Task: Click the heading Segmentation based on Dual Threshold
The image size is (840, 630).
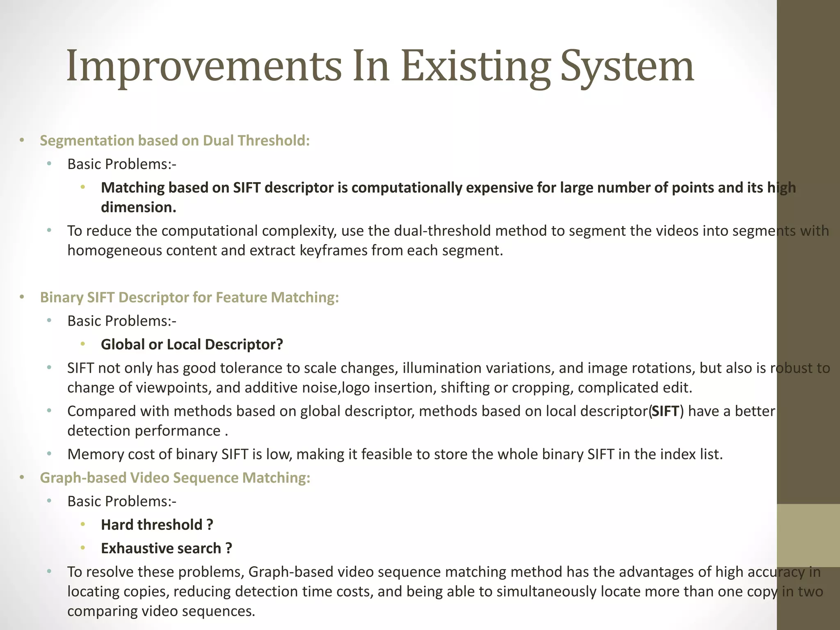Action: pyautogui.click(x=174, y=141)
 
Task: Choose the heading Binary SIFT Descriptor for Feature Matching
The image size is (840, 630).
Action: pyautogui.click(x=189, y=297)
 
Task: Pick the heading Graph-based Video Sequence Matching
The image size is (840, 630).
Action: pyautogui.click(x=175, y=478)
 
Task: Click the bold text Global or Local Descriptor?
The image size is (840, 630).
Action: pyautogui.click(x=192, y=345)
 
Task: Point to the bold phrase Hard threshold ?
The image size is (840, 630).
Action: pyautogui.click(x=157, y=525)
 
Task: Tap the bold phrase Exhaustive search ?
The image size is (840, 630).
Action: pyautogui.click(x=166, y=548)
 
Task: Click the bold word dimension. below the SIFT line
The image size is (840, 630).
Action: pyautogui.click(x=138, y=208)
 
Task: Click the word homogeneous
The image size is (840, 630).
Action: pyautogui.click(x=114, y=251)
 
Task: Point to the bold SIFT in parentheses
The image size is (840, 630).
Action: pyautogui.click(x=665, y=411)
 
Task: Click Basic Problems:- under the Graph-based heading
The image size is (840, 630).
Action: pyautogui.click(x=122, y=502)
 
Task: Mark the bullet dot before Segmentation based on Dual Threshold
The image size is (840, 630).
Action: pyautogui.click(x=22, y=141)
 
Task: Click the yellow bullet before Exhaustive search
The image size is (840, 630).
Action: pyautogui.click(x=83, y=548)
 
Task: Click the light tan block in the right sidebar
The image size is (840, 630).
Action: pyautogui.click(x=808, y=536)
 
